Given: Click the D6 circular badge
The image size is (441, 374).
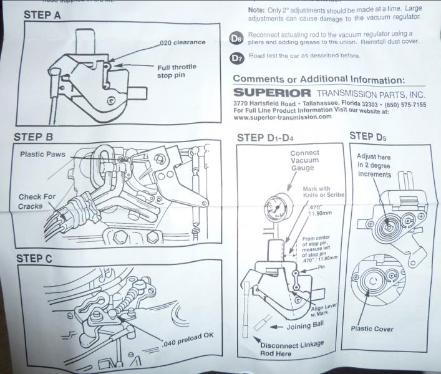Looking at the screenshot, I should [x=236, y=39].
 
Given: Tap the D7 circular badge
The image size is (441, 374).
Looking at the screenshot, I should [x=236, y=58].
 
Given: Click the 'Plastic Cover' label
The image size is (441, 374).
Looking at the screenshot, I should [x=372, y=328].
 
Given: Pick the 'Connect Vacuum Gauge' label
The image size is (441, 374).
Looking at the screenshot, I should [x=304, y=161].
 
